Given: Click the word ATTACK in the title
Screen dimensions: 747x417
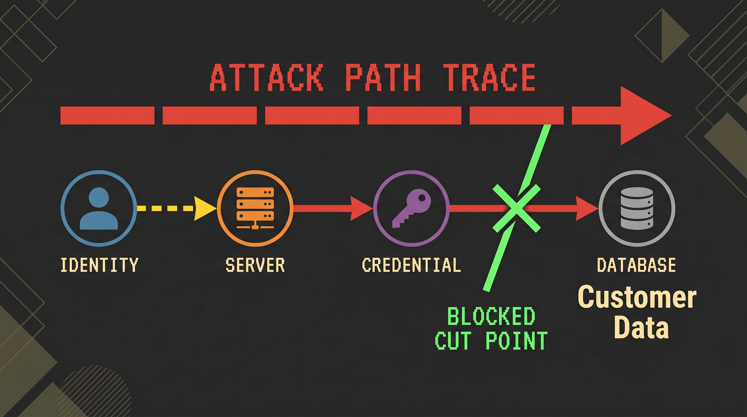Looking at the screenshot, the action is tap(266, 78).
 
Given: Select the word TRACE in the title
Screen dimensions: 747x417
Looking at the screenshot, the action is tap(489, 78).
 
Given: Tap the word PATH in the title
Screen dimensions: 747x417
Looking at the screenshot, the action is tap(383, 78).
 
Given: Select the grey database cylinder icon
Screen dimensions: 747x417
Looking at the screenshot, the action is tap(637, 208).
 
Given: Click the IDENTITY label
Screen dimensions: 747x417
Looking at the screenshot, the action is tap(99, 265).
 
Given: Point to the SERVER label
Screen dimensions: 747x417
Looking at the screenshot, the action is tap(255, 265).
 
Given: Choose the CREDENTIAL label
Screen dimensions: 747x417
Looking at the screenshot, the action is tap(412, 265).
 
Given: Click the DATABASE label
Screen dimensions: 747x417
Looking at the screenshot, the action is tap(637, 265).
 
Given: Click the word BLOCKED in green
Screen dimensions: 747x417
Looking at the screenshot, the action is tap(491, 316).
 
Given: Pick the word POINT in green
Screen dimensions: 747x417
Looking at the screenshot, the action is tap(517, 340).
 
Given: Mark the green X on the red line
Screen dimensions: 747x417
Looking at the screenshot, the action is tap(517, 208).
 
